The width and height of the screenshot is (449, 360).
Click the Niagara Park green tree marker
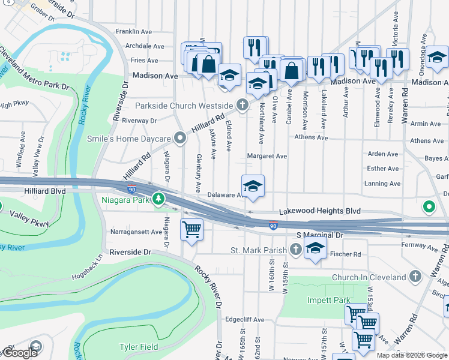[x=158, y=199]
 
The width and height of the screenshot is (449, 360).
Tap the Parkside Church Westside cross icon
[x=242, y=106]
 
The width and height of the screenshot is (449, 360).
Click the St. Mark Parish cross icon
[x=295, y=249]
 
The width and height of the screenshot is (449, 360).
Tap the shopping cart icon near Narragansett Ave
[x=191, y=229]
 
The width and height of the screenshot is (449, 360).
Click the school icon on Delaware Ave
[x=253, y=185]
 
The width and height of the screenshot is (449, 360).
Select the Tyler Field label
[x=139, y=347]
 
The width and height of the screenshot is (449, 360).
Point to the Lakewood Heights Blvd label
[x=320, y=212]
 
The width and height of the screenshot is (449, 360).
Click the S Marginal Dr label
[x=319, y=236]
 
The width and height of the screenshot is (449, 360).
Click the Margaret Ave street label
[x=267, y=156]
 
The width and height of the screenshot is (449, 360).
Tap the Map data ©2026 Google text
[x=412, y=355]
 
